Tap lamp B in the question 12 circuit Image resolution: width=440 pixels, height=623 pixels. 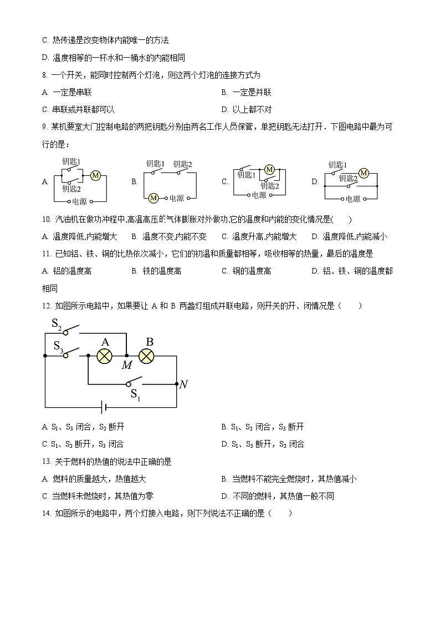[146, 356]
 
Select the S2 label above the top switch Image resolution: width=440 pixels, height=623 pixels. [57, 324]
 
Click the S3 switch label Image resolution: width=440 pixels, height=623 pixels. [58, 346]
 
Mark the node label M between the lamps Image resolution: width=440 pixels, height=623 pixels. [127, 364]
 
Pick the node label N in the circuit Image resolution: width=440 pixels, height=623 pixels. [183, 384]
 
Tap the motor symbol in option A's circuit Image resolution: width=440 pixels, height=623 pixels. [95, 176]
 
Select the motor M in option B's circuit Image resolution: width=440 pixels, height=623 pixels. [154, 198]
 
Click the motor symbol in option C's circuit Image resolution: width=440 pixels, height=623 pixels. [270, 169]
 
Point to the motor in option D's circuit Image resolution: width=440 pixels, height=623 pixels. [364, 173]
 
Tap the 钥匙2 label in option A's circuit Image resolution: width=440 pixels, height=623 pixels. [71, 189]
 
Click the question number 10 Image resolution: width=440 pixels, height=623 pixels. [46, 220]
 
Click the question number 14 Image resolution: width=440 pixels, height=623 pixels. [46, 513]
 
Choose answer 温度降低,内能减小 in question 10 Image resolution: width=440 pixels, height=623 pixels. [355, 237]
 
